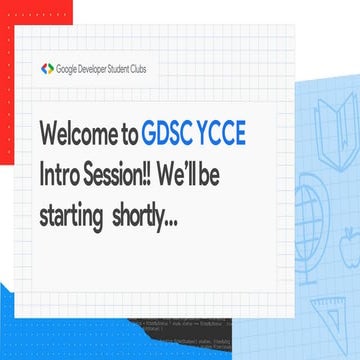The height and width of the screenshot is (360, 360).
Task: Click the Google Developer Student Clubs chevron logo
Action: coord(47,69)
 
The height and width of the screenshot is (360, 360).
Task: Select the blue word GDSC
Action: coord(195,135)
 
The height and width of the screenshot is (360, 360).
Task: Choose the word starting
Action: coord(73,215)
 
